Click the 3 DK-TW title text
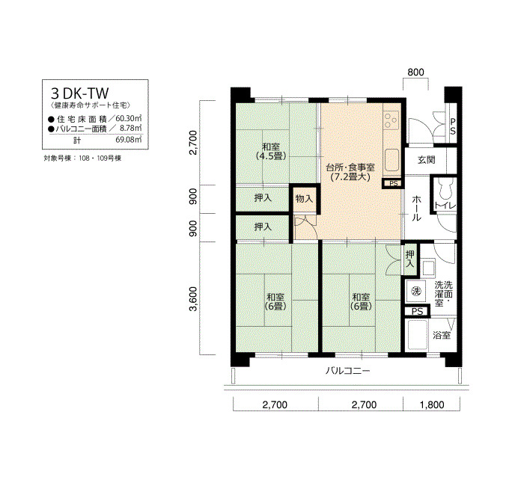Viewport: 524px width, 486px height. tap(79, 93)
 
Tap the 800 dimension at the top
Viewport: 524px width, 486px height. tap(415, 72)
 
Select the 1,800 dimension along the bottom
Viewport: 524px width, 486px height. tap(432, 405)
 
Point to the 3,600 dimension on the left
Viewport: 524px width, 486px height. tap(193, 298)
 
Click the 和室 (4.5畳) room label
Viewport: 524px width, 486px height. tap(271, 151)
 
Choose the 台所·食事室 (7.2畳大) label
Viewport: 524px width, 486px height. tap(350, 172)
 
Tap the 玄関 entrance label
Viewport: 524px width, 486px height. tap(427, 160)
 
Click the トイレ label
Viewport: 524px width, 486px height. tap(445, 206)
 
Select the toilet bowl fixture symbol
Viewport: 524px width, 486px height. tap(445, 189)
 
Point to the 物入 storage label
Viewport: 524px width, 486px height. tap(304, 199)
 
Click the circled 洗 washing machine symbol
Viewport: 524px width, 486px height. tap(416, 291)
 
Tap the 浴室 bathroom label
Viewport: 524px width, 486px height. tap(442, 335)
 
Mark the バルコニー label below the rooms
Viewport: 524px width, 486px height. tap(348, 371)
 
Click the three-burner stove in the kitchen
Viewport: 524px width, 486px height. tap(392, 121)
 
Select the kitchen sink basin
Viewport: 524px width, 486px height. tap(392, 160)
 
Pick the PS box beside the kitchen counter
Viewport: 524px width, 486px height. tap(393, 183)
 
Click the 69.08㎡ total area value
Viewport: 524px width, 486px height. tap(128, 139)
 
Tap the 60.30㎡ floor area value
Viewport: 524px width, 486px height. tap(128, 118)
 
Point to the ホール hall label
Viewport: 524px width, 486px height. tap(416, 209)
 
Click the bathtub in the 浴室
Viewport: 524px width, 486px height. tap(417, 335)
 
